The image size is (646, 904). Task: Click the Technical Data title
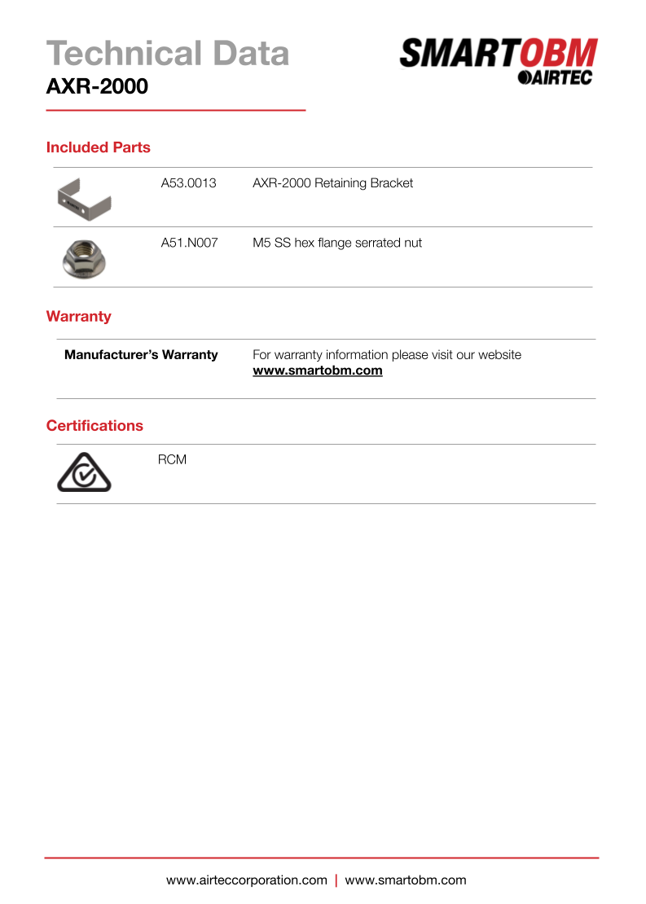168,54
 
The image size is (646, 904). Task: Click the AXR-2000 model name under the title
97,86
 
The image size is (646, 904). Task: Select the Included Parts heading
98,147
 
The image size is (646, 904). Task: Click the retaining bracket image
85,199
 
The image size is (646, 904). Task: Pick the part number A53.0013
188,183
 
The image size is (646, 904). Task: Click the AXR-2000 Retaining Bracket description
332,183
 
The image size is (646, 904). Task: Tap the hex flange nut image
84,257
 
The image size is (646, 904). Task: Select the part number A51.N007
189,243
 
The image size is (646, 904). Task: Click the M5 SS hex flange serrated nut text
337,243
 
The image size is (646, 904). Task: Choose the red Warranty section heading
78,316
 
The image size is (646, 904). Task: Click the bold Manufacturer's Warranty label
141,355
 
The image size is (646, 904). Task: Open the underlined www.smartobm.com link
317,371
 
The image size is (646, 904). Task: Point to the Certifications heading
94,426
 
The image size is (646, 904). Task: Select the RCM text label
172,460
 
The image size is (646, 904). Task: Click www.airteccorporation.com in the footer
246,880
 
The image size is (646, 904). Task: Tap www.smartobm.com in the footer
406,880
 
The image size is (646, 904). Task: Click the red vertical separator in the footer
336,880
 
